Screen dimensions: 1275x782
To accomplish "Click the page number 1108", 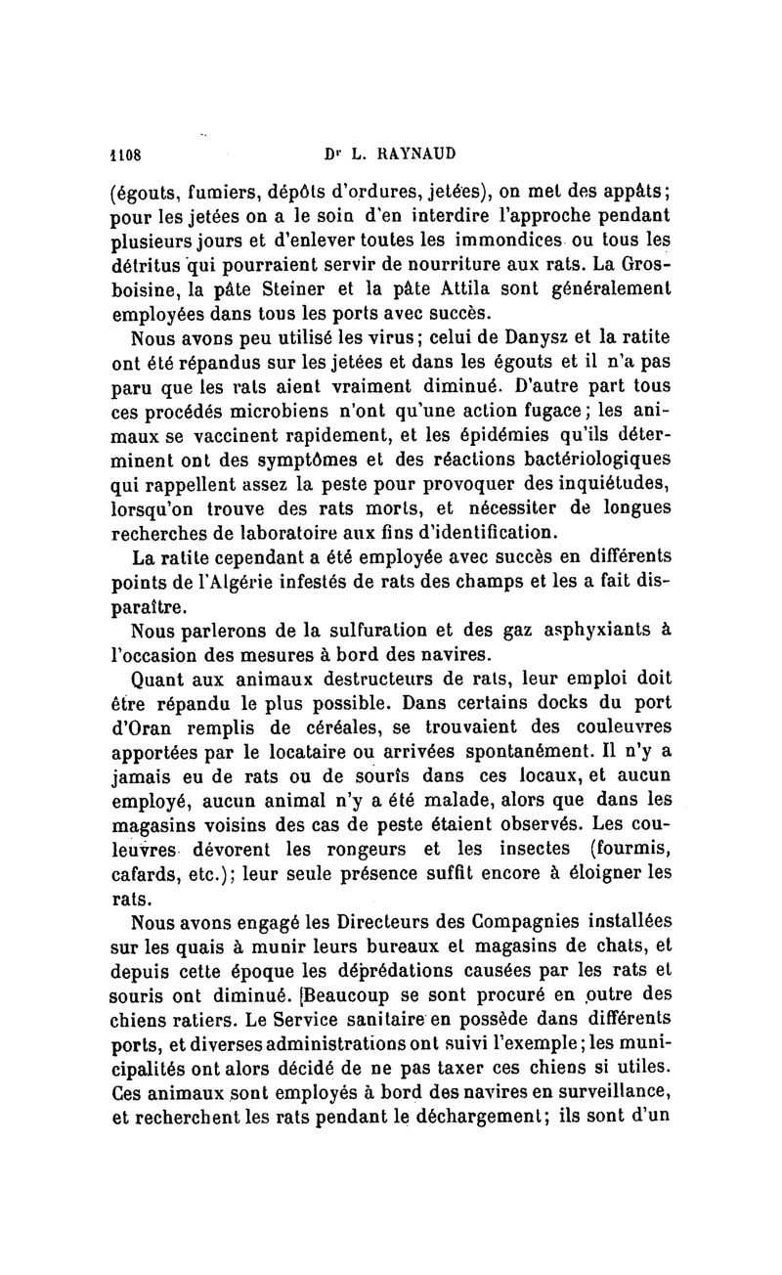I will (x=125, y=154).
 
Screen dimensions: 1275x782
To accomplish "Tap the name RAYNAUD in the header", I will (x=415, y=154).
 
